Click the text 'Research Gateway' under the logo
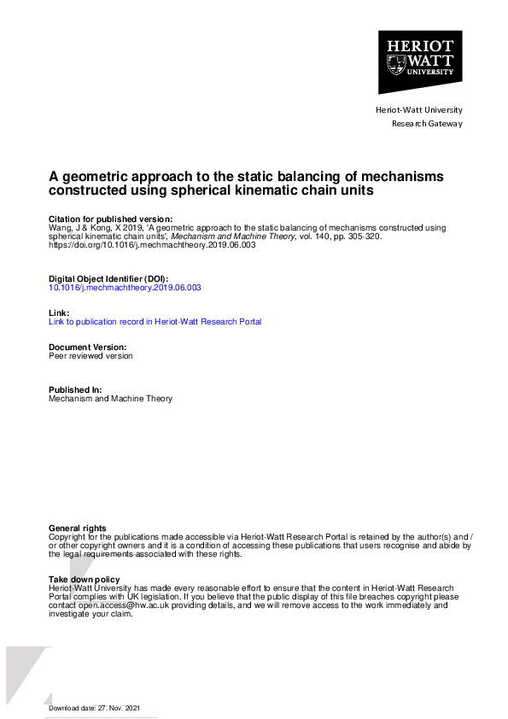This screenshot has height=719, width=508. [x=427, y=124]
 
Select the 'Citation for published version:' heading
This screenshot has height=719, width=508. [x=111, y=219]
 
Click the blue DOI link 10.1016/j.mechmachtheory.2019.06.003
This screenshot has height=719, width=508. [x=126, y=288]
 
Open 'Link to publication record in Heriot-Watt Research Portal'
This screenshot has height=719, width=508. [x=155, y=322]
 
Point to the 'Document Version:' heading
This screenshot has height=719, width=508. [x=88, y=347]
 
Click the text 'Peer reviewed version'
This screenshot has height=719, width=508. [x=91, y=356]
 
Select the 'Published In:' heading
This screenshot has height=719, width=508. [x=76, y=389]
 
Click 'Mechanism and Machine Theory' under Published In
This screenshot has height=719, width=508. [x=111, y=399]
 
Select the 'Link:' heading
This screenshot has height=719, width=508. [x=59, y=313]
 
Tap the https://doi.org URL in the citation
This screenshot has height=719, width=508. [x=152, y=245]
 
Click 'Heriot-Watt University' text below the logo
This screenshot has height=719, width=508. [x=419, y=110]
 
